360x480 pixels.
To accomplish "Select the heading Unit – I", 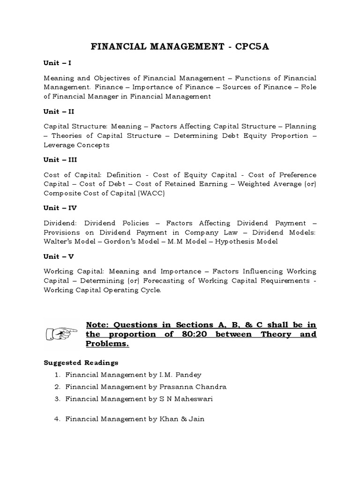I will (x=57, y=63).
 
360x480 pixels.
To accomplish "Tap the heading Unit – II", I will (x=59, y=112).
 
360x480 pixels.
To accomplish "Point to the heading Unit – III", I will (x=60, y=159).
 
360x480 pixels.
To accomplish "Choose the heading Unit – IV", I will (x=60, y=208).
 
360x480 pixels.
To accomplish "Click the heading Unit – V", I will (x=58, y=256).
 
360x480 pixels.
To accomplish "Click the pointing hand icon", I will (x=61, y=334).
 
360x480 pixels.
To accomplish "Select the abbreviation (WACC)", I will (x=150, y=193).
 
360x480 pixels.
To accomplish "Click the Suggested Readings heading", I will (x=81, y=362).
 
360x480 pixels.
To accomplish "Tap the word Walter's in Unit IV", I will (x=60, y=241).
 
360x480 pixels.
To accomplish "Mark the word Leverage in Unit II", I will (x=60, y=145).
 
